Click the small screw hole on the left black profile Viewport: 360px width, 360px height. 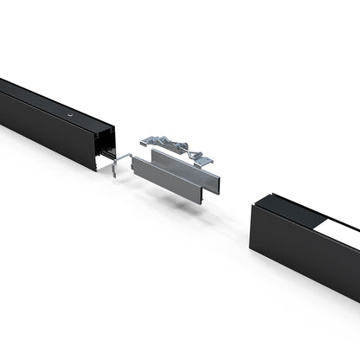click(66, 113)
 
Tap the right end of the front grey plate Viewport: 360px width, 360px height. click(215, 196)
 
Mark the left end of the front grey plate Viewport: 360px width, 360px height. click(134, 166)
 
